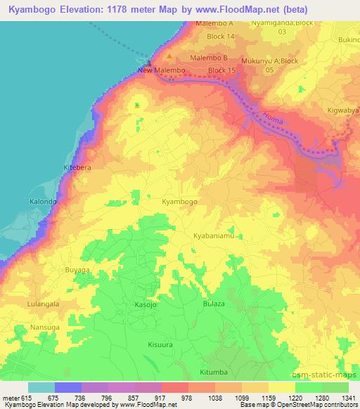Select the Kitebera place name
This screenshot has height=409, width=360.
[77, 169]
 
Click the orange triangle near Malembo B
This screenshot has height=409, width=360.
[169, 56]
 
